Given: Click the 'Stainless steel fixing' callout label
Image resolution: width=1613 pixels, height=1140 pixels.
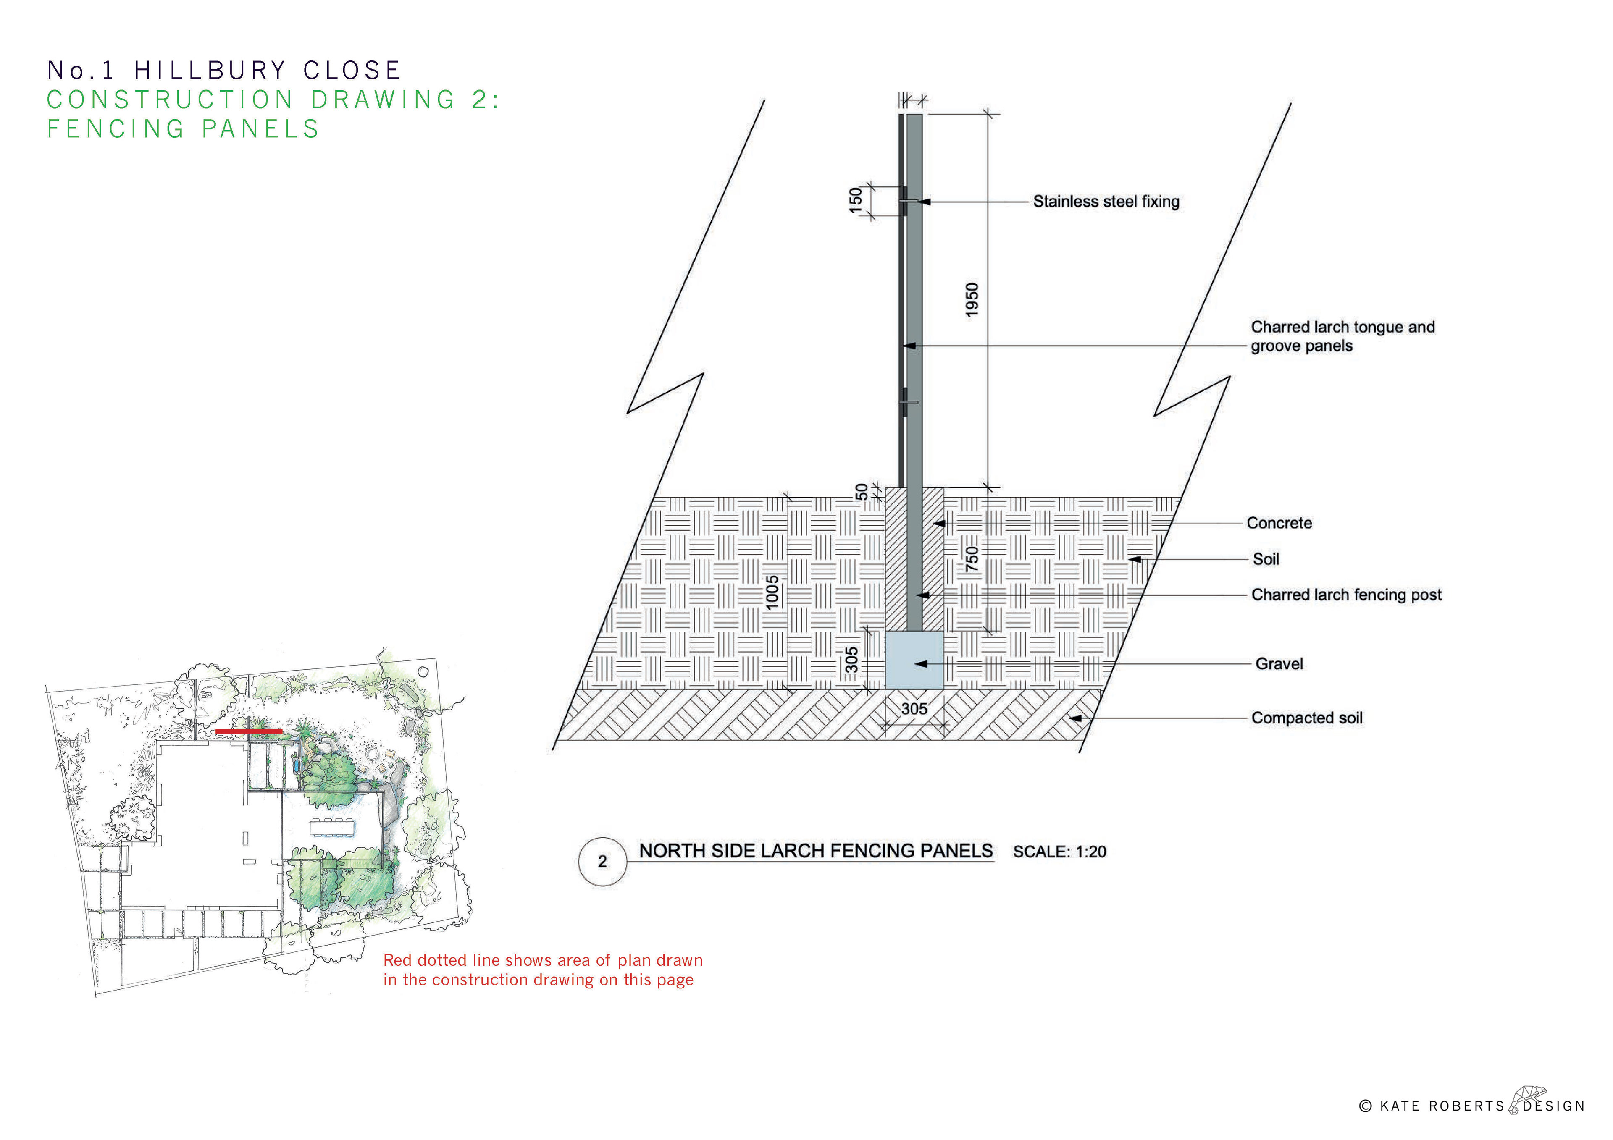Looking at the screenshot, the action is (1106, 202).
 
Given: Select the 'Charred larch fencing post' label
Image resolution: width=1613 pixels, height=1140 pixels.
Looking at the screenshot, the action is (1346, 595).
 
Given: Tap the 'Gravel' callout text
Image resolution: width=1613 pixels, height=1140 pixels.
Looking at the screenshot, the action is (1279, 664).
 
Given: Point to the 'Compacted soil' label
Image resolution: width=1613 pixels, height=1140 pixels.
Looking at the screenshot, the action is (1307, 718).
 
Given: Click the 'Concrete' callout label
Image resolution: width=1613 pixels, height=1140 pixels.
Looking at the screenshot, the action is (1279, 523).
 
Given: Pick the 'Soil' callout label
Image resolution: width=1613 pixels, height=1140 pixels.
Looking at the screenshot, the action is (1266, 559).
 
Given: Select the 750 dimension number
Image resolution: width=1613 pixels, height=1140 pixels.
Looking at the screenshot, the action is (972, 559).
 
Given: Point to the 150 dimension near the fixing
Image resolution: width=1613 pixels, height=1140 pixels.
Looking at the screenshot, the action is (855, 200).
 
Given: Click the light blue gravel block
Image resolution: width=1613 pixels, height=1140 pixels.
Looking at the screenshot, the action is (913, 660).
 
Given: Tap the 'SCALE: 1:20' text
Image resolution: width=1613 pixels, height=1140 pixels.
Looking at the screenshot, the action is (1059, 852).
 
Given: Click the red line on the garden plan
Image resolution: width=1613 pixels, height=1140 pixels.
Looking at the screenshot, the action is (249, 731).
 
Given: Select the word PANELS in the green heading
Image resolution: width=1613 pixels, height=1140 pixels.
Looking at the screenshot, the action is (260, 129).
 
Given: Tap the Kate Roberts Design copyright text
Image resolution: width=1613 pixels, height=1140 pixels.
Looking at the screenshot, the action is (1472, 1106).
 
